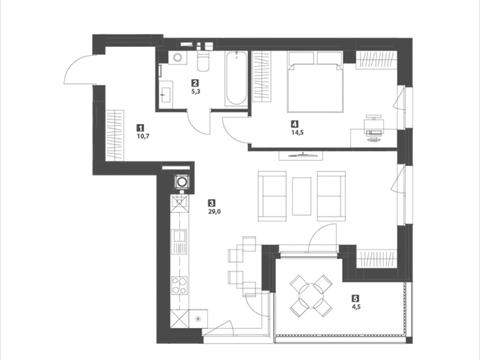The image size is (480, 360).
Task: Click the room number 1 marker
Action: [x=141, y=127]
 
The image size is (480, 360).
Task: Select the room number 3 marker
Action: [x=211, y=203]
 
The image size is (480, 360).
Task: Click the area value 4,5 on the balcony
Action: [x=356, y=307]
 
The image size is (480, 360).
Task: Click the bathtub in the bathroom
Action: [x=236, y=79]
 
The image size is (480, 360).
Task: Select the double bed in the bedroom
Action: [x=315, y=81]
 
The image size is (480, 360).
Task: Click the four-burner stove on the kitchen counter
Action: [x=179, y=286]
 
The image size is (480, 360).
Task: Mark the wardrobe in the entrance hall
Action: [x=115, y=135]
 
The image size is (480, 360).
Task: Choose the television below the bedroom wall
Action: [x=302, y=155]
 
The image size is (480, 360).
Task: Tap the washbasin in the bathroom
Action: [x=166, y=94]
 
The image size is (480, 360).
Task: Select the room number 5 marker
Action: [x=356, y=299]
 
